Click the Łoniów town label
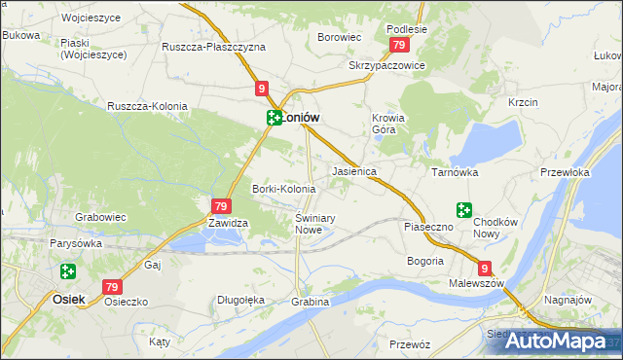(301, 117)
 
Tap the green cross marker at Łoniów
(275, 118)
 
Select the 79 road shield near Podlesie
(398, 46)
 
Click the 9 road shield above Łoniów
(263, 89)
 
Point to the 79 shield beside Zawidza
(220, 206)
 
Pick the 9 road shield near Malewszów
(485, 270)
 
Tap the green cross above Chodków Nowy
(463, 209)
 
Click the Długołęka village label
(240, 300)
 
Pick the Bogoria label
(425, 261)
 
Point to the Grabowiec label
(102, 217)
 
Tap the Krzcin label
(523, 102)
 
